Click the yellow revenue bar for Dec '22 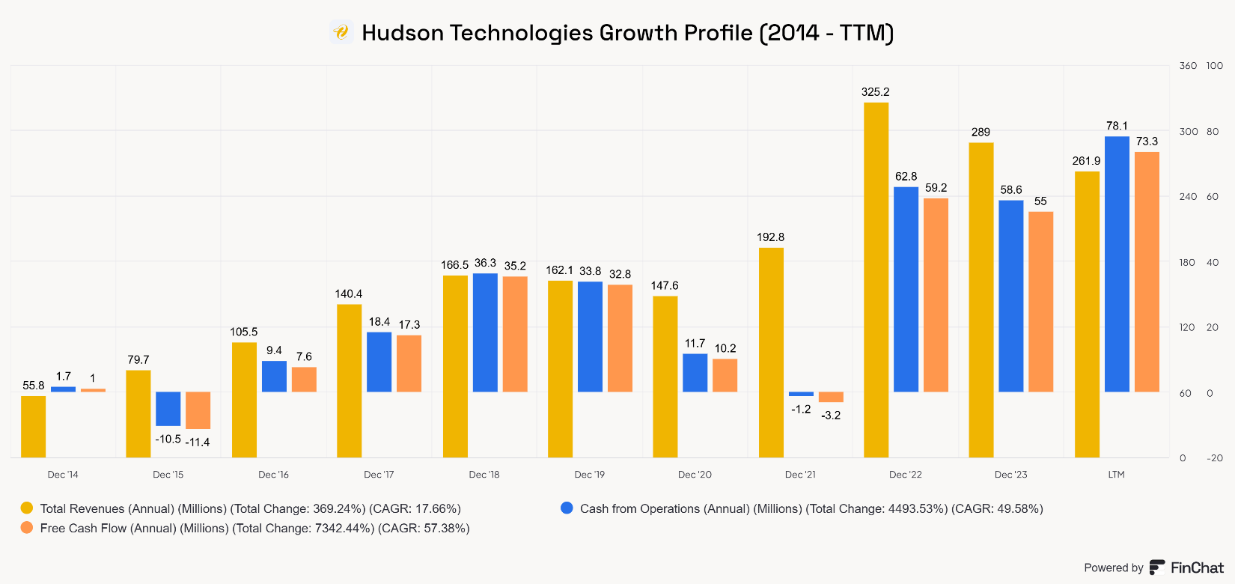tap(876, 280)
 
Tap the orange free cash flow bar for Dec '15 tap(198, 410)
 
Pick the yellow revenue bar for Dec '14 tap(33, 427)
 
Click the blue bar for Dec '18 tap(485, 332)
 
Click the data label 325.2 tap(876, 92)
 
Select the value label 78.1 tap(1117, 126)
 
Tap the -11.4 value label tap(198, 442)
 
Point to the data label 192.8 tap(770, 237)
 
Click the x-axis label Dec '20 tap(695, 475)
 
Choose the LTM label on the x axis tap(1116, 475)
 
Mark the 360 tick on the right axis tap(1188, 66)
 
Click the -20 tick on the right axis tap(1215, 458)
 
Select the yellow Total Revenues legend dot tap(27, 508)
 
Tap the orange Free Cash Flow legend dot tap(27, 528)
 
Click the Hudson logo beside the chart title tap(341, 32)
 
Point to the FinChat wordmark tap(1197, 568)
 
